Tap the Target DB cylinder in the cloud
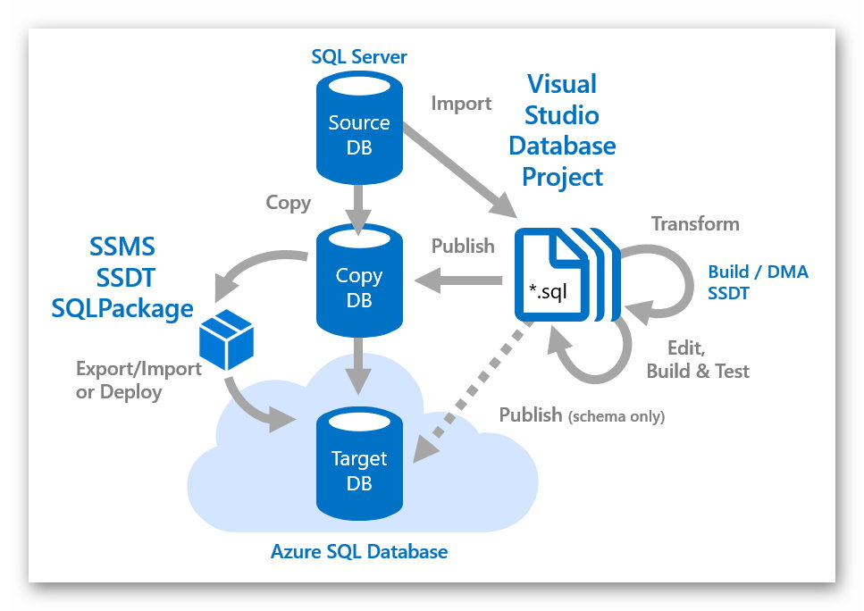pos(359,469)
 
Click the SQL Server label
pos(359,57)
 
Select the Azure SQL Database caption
pos(359,551)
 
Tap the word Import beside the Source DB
pos(461,104)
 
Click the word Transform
pos(695,223)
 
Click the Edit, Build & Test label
pos(698,359)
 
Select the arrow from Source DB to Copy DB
pos(359,205)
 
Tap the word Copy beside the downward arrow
pos(289,203)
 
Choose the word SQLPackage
pos(123,308)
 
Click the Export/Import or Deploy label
pos(138,381)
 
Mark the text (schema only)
pos(617,416)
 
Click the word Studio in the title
pos(561,115)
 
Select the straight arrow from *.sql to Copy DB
pos(456,281)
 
